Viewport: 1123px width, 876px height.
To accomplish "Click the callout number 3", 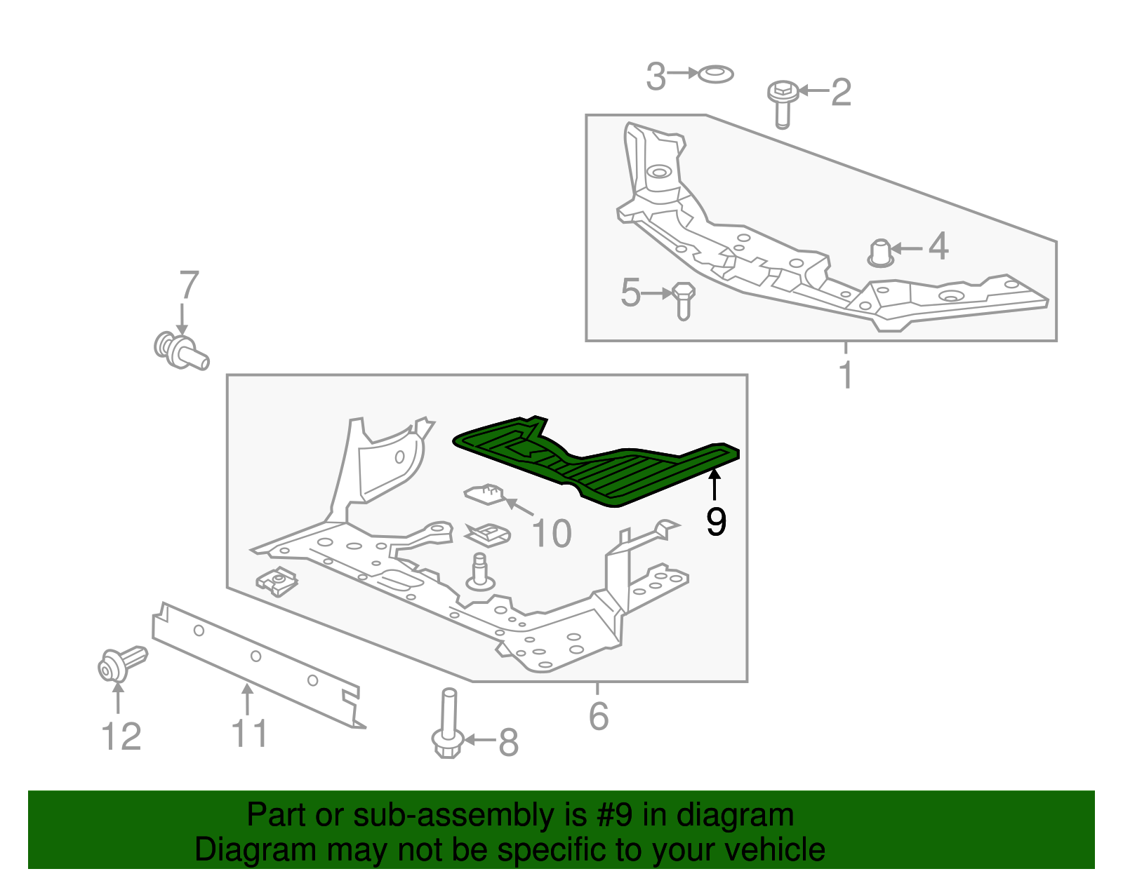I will coord(656,76).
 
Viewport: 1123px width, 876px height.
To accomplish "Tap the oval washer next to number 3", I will coord(716,73).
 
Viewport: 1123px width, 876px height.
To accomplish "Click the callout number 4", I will coord(938,247).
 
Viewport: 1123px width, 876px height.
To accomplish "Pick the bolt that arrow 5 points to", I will coord(684,300).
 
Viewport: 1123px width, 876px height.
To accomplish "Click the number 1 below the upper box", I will coord(846,375).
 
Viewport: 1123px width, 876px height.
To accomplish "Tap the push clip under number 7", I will coord(180,351).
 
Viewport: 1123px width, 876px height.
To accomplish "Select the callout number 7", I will coord(189,285).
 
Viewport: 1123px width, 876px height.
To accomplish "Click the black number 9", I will coord(716,522).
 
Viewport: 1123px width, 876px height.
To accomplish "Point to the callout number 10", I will coord(552,534).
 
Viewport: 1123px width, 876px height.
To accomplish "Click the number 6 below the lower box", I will coord(598,716).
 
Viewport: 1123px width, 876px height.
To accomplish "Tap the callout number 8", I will coord(508,743).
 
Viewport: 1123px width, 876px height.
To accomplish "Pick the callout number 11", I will coord(249,734).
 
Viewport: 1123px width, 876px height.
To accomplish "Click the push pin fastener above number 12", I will coord(121,663).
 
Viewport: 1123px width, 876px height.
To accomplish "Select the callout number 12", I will coord(121,737).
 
